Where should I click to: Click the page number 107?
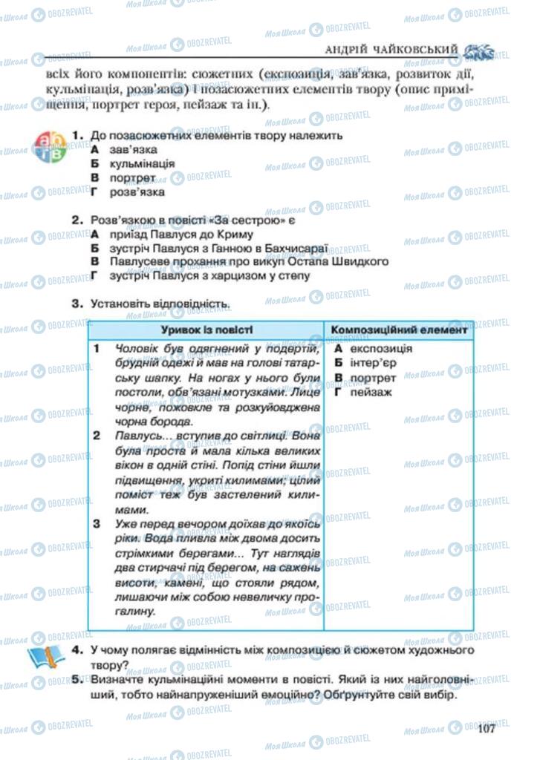point(487,727)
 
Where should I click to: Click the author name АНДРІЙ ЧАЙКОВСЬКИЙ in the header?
point(392,50)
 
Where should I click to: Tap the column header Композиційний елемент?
point(399,330)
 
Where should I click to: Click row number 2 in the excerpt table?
point(97,436)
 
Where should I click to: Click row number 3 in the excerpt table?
point(97,524)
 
